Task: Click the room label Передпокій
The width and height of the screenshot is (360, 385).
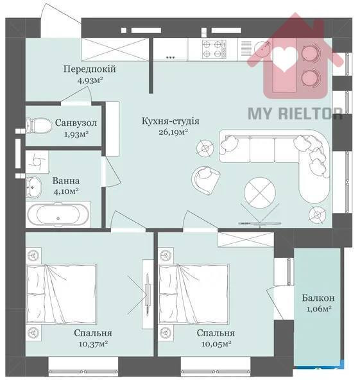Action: pyautogui.click(x=94, y=69)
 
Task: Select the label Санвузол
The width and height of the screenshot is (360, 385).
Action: pyautogui.click(x=76, y=123)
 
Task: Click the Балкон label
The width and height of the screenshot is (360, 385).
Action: pyautogui.click(x=318, y=299)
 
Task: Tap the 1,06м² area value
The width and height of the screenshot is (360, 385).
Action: pyautogui.click(x=318, y=310)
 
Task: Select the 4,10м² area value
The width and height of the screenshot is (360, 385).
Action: pyautogui.click(x=65, y=191)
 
